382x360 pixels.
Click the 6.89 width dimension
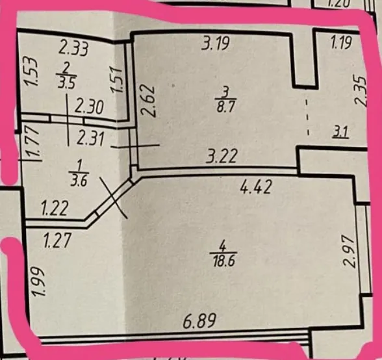pos(199,321)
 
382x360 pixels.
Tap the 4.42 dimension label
pos(255,187)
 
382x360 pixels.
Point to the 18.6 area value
pos(224,261)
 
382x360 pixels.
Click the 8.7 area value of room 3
pos(225,106)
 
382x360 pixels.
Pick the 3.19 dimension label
pos(215,44)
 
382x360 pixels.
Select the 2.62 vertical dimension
pos(147,101)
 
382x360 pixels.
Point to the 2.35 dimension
pos(360,91)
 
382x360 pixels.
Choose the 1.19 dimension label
pos(341,43)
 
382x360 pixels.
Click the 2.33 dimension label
pos(73,48)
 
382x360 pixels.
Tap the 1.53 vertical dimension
pos(32,71)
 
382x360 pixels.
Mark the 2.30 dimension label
pos(89,107)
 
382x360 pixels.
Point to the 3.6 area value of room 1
pos(79,182)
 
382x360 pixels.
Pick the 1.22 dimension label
pos(54,209)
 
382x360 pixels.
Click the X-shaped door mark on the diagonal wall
pos(114,198)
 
